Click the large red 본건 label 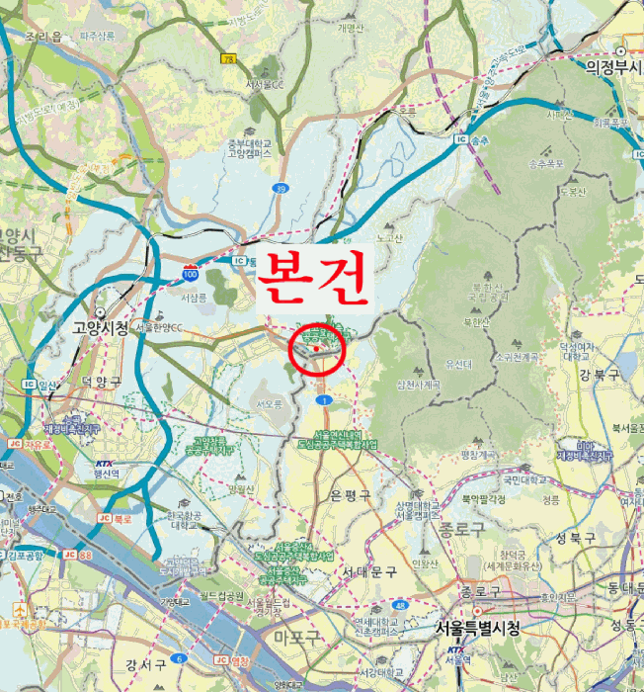coord(313,279)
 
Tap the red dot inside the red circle coord(316,348)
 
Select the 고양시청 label coord(100,327)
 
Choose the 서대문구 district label coord(369,572)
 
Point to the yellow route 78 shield coord(229,59)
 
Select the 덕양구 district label coord(101,382)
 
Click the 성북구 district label coord(576,539)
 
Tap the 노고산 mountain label coord(389,237)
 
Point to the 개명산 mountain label coord(350,28)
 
